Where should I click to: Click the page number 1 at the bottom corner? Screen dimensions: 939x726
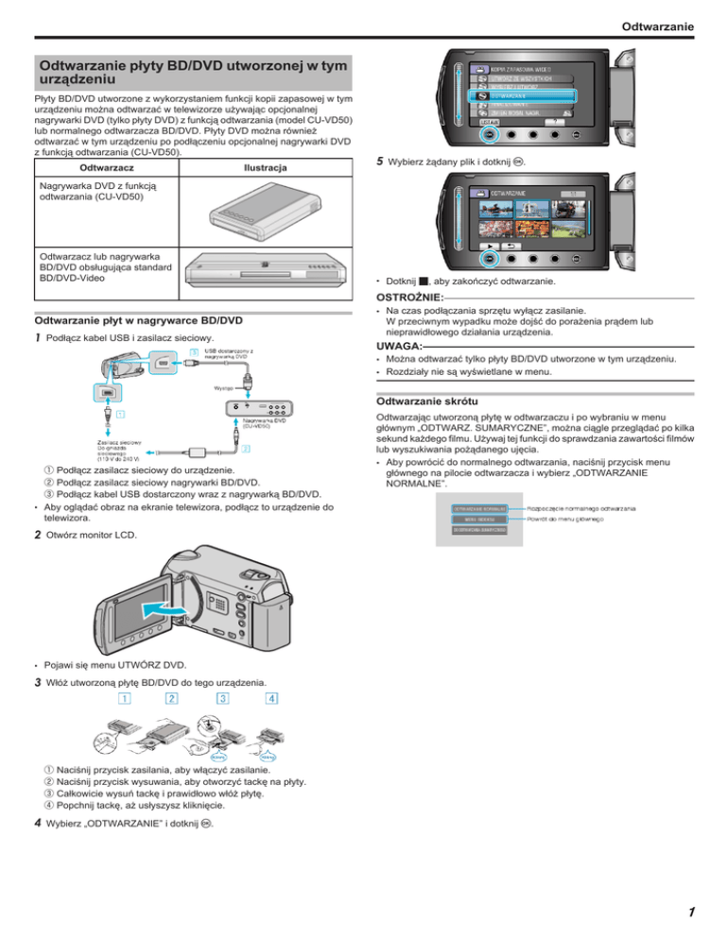(691, 913)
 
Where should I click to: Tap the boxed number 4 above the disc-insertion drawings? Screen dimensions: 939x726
(271, 699)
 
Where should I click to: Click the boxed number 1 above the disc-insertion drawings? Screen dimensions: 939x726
(124, 699)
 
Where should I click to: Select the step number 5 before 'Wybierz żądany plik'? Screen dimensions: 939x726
(378, 162)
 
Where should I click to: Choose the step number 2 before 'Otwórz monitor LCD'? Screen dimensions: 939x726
(36, 535)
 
